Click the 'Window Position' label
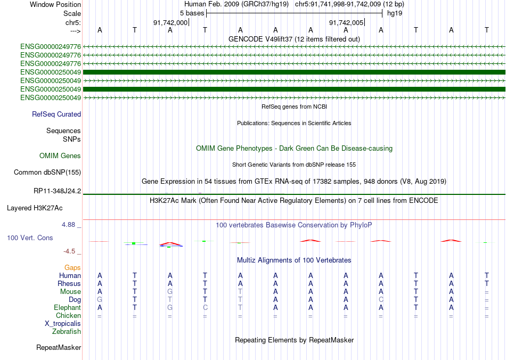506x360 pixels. point(55,4)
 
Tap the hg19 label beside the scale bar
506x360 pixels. point(395,13)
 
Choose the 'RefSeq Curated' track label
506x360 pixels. point(56,114)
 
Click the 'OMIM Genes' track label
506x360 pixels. point(60,156)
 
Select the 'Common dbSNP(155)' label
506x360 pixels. point(47,172)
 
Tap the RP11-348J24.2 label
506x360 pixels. point(57,191)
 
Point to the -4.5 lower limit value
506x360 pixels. point(70,251)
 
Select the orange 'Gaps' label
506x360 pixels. point(72,267)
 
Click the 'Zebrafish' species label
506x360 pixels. point(67,331)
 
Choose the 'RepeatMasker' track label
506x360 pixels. point(59,347)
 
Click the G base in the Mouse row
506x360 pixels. point(170,291)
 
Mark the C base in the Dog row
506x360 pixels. point(381,299)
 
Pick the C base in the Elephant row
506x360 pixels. point(205,307)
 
